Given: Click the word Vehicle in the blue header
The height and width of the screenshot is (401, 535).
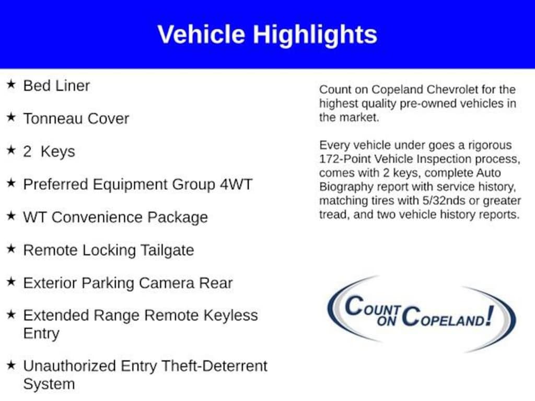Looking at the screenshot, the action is [201, 34].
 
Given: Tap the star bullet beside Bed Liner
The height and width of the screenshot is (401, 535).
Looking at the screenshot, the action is [11, 84].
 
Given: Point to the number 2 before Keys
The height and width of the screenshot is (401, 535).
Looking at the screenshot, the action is [27, 151].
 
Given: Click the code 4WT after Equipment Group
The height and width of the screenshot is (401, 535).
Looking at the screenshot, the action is [236, 184].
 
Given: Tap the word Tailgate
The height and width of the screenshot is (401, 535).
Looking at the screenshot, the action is [167, 251].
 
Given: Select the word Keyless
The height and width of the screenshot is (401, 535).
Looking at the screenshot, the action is [230, 315].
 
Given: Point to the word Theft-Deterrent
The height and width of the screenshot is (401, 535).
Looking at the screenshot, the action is [214, 366].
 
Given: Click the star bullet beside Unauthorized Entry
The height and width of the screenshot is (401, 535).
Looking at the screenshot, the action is [11, 365].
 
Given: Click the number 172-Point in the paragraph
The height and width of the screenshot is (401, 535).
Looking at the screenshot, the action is [345, 159].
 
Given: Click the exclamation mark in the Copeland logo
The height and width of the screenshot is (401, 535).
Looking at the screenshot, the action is [490, 316].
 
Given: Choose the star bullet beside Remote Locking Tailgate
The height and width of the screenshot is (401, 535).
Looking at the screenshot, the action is [11, 249].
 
